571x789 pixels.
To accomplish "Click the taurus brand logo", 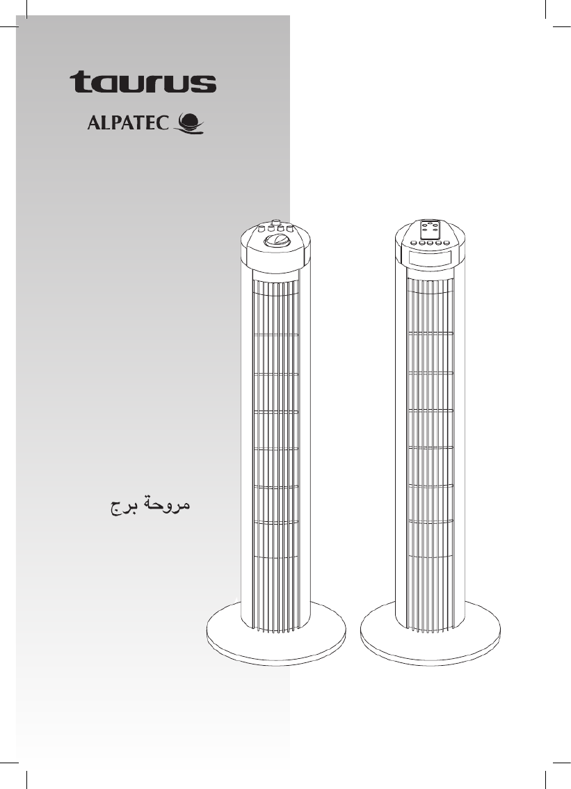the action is pos(143,82).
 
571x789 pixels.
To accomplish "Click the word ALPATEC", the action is pos(128,123).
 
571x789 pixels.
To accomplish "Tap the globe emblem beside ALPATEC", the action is pos(188,124).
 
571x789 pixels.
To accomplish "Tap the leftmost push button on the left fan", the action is pos(262,228).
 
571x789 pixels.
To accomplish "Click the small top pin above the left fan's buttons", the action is pos(276,221).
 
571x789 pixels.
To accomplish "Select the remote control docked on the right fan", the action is pos(429,230).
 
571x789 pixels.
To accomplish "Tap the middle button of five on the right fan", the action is pos(430,244).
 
